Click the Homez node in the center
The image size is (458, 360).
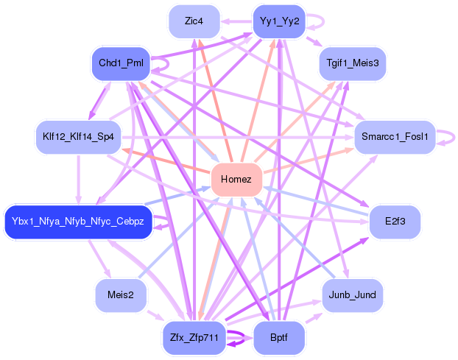tap(236, 180)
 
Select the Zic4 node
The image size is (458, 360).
tap(194, 21)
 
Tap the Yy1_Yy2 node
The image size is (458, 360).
tap(279, 21)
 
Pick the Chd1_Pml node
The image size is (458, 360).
tap(121, 63)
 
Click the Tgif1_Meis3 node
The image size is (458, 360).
tap(353, 63)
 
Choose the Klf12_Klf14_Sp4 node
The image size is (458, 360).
tap(78, 137)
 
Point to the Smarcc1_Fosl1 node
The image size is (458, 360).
tap(395, 137)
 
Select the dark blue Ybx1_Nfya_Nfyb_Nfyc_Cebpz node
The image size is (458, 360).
tap(78, 222)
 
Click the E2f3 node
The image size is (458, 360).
tap(395, 222)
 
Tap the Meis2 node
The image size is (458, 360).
tap(121, 295)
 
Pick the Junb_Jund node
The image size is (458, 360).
tap(352, 295)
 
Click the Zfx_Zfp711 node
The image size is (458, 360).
tap(194, 338)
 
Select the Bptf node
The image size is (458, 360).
tap(279, 338)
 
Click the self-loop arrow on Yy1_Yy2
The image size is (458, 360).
tap(323, 21)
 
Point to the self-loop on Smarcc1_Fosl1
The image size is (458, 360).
tap(454, 137)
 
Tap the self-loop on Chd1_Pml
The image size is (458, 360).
tap(168, 64)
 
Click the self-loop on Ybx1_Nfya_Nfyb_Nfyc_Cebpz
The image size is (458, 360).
tap(168, 222)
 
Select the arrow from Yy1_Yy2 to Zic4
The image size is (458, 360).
tap(236, 21)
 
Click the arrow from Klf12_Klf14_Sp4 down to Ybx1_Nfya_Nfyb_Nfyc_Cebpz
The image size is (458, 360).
tap(78, 180)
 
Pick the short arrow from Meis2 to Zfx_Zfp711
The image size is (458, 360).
tap(155, 316)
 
